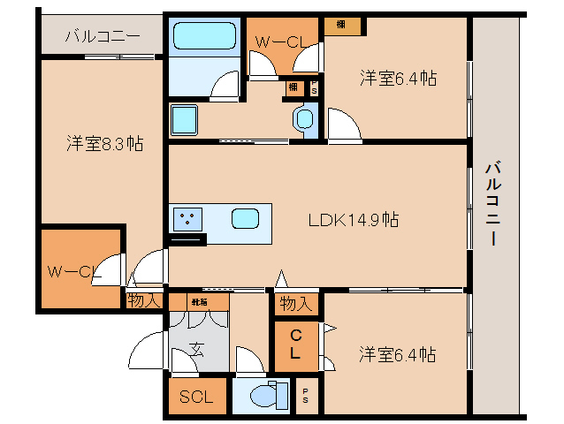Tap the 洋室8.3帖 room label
[x=105, y=143]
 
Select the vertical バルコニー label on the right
[x=494, y=203]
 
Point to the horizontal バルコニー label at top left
[x=102, y=37]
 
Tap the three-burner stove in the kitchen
[x=187, y=217]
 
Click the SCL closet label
[x=196, y=397]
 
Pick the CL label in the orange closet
[x=295, y=344]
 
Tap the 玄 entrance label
[x=197, y=350]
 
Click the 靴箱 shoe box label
[x=199, y=302]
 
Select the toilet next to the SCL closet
[x=264, y=396]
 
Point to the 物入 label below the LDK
[x=296, y=305]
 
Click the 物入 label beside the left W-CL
[x=143, y=301]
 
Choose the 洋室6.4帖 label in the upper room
[x=397, y=79]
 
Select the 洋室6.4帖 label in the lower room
[x=397, y=355]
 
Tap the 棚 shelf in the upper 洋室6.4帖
[x=340, y=26]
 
